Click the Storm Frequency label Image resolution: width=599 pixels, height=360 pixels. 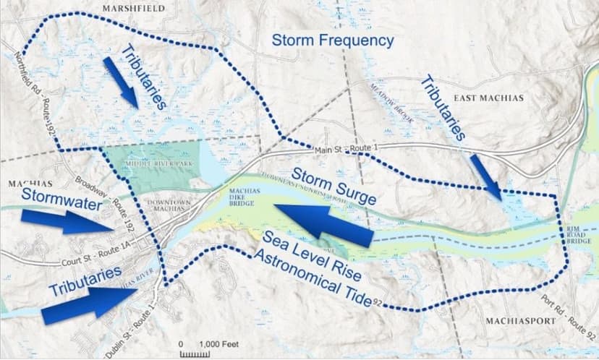pos(333,40)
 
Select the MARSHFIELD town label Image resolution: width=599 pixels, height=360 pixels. pos(133,8)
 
